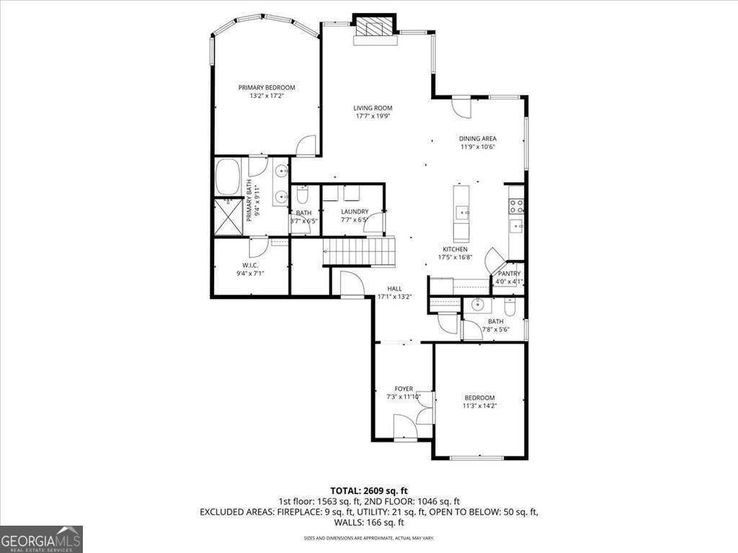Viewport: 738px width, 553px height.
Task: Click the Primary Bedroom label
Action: coord(267,88)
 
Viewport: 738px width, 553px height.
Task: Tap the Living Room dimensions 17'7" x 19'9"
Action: coord(373,117)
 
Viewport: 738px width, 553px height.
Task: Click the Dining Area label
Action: coord(478,138)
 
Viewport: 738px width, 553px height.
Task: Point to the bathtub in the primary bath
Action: coord(229,177)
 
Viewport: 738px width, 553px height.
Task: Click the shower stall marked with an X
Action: coord(230,216)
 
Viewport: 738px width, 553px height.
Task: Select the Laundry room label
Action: coord(355,212)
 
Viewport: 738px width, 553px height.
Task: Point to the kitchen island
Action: coord(461,213)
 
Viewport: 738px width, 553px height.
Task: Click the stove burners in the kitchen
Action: coord(516,207)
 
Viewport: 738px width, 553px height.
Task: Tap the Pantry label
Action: coord(508,274)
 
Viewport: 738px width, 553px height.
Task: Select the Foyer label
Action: coord(404,389)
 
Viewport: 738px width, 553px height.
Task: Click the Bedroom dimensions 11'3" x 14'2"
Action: coord(479,406)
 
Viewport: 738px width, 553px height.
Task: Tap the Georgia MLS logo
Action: coord(41,539)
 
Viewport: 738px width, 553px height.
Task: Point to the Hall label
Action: coord(394,288)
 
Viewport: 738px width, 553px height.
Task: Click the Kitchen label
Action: coord(455,249)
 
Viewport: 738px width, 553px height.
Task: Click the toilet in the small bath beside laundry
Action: coord(303,196)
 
